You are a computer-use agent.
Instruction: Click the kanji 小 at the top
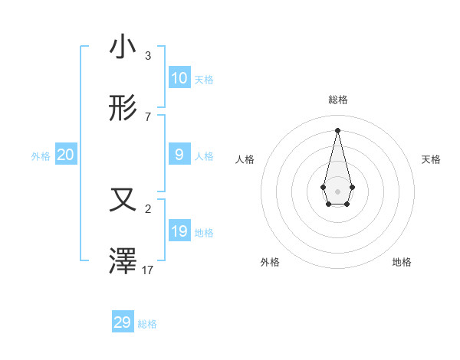click(x=123, y=47)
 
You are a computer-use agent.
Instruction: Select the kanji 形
click(x=123, y=109)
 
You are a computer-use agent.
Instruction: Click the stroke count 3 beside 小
click(x=148, y=56)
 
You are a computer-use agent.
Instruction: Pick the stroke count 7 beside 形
click(x=148, y=117)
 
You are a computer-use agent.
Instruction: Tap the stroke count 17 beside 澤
click(x=148, y=270)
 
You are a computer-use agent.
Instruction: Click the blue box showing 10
click(x=179, y=77)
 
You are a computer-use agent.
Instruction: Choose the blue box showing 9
click(x=179, y=155)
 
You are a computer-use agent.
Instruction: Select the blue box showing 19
click(x=179, y=231)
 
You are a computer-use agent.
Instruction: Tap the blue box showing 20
click(x=66, y=155)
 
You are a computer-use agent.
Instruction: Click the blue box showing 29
click(x=123, y=322)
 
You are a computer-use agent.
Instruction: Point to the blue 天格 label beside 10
click(x=204, y=80)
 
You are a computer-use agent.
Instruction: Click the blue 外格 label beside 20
click(x=41, y=156)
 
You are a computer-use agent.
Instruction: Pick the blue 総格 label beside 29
click(x=147, y=324)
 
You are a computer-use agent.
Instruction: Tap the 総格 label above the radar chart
click(x=338, y=100)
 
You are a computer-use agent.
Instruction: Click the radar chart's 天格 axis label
click(x=431, y=159)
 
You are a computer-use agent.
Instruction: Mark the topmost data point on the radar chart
click(x=337, y=129)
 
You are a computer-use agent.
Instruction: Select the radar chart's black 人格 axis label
click(x=245, y=159)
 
